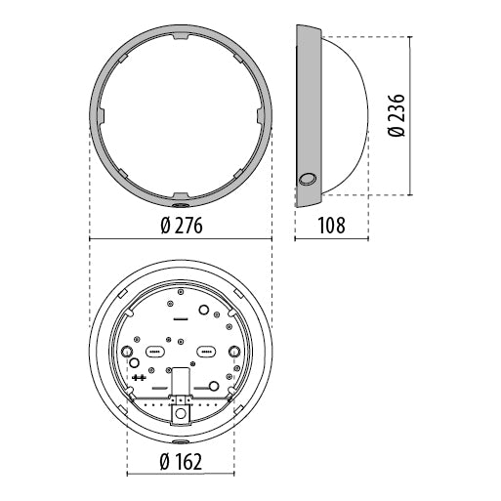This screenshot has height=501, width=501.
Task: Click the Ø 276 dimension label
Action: [x=182, y=226]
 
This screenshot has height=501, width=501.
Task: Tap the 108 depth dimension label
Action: [x=331, y=226]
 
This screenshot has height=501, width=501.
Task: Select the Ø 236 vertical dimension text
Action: [x=397, y=115]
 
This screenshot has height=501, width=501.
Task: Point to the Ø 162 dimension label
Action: [x=181, y=462]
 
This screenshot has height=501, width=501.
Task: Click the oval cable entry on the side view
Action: [x=308, y=180]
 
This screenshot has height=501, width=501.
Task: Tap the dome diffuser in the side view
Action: [x=346, y=115]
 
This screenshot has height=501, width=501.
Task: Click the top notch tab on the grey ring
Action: [x=181, y=36]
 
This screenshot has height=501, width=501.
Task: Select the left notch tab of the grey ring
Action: [x=101, y=115]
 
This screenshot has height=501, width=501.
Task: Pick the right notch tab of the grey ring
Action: [x=261, y=115]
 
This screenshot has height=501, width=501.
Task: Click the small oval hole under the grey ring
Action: [x=181, y=205]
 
